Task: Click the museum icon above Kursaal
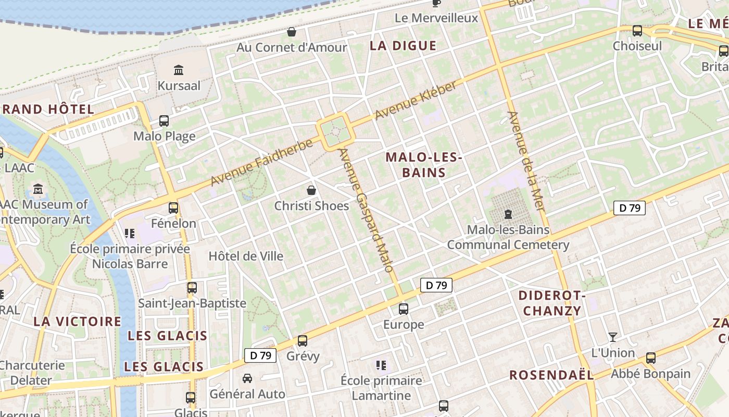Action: tap(179, 70)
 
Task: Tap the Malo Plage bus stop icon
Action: tap(164, 121)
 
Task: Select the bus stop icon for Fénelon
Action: tap(173, 208)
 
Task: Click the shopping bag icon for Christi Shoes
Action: tap(311, 190)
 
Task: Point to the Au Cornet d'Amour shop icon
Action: tap(292, 32)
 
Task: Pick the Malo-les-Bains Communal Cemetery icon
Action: tap(508, 214)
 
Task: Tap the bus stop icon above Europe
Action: tap(404, 309)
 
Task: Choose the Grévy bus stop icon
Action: tap(303, 341)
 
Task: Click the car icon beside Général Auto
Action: tap(247, 378)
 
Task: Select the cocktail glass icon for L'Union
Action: tap(613, 337)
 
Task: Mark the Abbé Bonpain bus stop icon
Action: tap(651, 358)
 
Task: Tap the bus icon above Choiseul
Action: tap(637, 31)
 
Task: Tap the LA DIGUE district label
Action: tap(403, 46)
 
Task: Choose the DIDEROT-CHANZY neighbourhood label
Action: tap(552, 303)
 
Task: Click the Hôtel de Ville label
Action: tap(246, 256)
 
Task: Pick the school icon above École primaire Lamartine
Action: tap(381, 365)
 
